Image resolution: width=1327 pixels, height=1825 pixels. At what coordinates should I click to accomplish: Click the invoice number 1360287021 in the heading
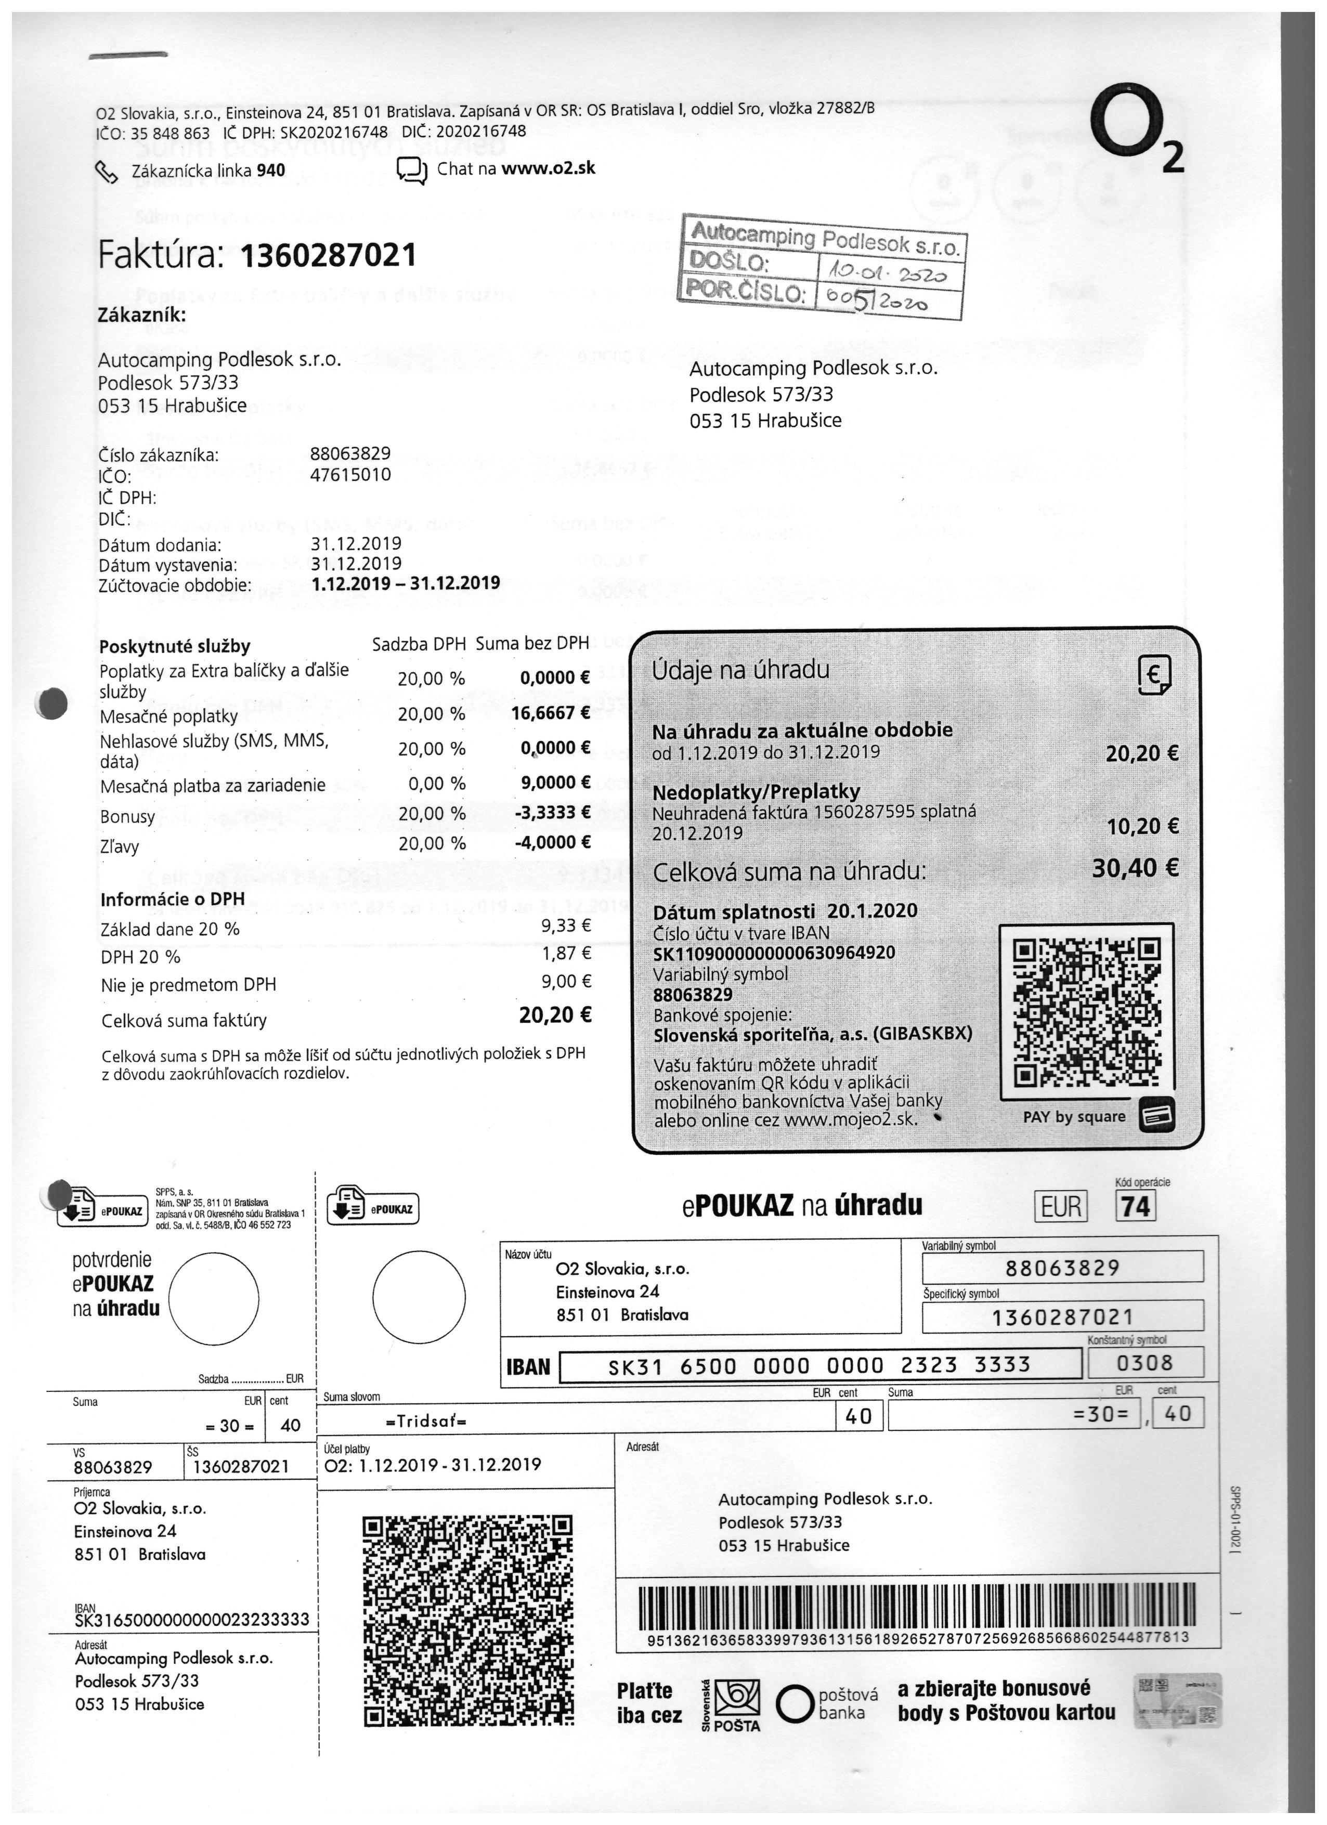pyautogui.click(x=328, y=256)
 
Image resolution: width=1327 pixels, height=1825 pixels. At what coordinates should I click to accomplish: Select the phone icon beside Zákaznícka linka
pyautogui.click(x=107, y=171)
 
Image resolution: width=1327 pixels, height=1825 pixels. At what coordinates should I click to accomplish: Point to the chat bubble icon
pyautogui.click(x=412, y=171)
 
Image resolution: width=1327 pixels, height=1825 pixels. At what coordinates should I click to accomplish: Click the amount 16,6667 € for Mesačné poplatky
pyautogui.click(x=551, y=712)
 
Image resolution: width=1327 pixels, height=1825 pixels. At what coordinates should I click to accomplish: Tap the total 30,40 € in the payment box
pyautogui.click(x=1135, y=867)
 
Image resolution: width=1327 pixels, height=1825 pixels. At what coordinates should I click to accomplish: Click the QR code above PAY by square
pyautogui.click(x=1086, y=1011)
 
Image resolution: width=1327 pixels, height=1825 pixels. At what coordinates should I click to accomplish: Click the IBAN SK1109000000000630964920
pyautogui.click(x=773, y=953)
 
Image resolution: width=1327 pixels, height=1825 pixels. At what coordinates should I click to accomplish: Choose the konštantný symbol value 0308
pyautogui.click(x=1145, y=1363)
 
